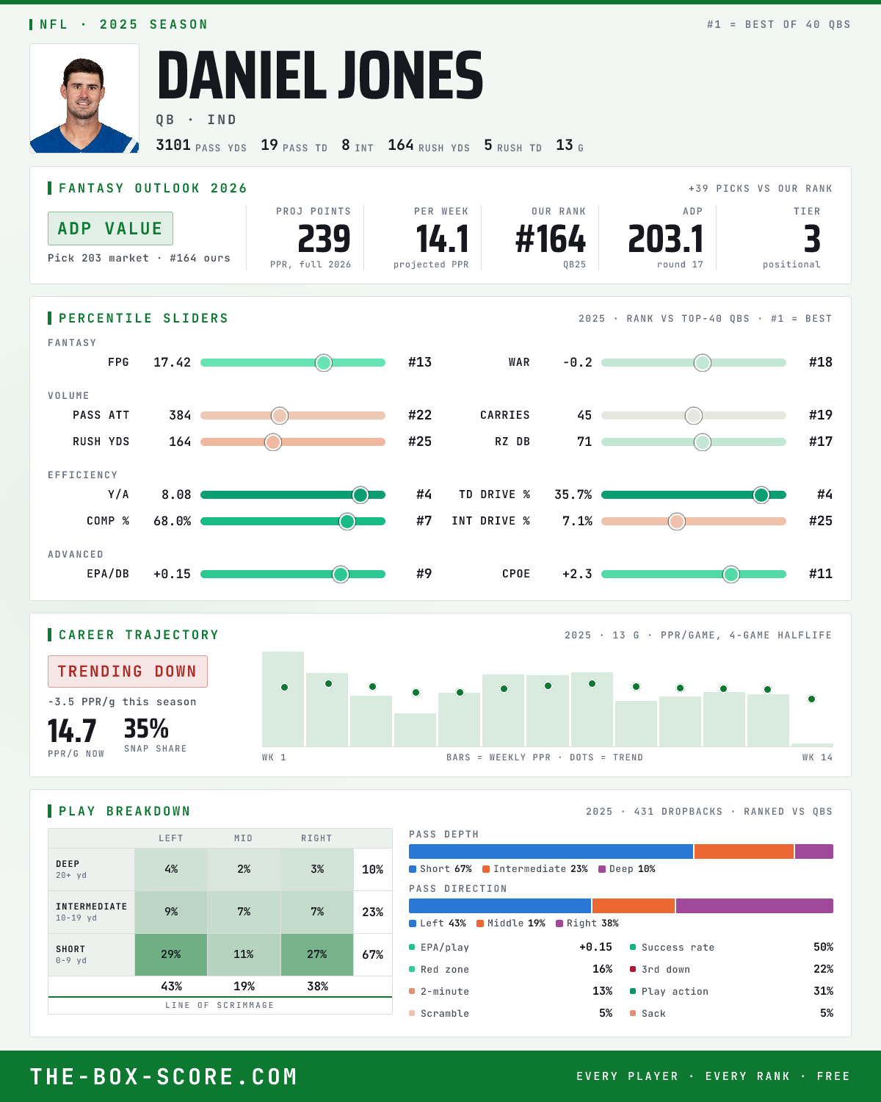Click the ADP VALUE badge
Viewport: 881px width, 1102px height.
110,228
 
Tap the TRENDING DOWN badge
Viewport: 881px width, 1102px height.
128,671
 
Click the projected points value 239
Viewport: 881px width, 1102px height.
324,240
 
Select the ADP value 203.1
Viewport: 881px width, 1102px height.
665,240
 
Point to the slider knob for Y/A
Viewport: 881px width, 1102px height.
360,494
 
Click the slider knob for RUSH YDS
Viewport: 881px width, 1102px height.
273,442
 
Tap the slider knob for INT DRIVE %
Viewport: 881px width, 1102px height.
677,522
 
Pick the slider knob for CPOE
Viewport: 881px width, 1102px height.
731,574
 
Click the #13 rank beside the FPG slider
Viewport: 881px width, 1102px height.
420,362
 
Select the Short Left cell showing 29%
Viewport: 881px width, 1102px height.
171,954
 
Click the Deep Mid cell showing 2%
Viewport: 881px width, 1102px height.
244,870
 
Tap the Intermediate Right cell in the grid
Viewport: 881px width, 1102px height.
317,912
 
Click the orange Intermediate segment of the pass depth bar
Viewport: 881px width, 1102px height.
744,851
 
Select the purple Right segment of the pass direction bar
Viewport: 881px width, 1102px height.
755,906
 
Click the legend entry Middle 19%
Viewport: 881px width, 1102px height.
510,923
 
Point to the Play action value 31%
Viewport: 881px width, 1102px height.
823,991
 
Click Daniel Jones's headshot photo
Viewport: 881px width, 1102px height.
84,98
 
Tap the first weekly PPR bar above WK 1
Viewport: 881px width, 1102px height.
283,699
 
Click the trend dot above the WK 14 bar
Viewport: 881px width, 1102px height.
811,699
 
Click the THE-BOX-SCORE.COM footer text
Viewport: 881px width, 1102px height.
164,1076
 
